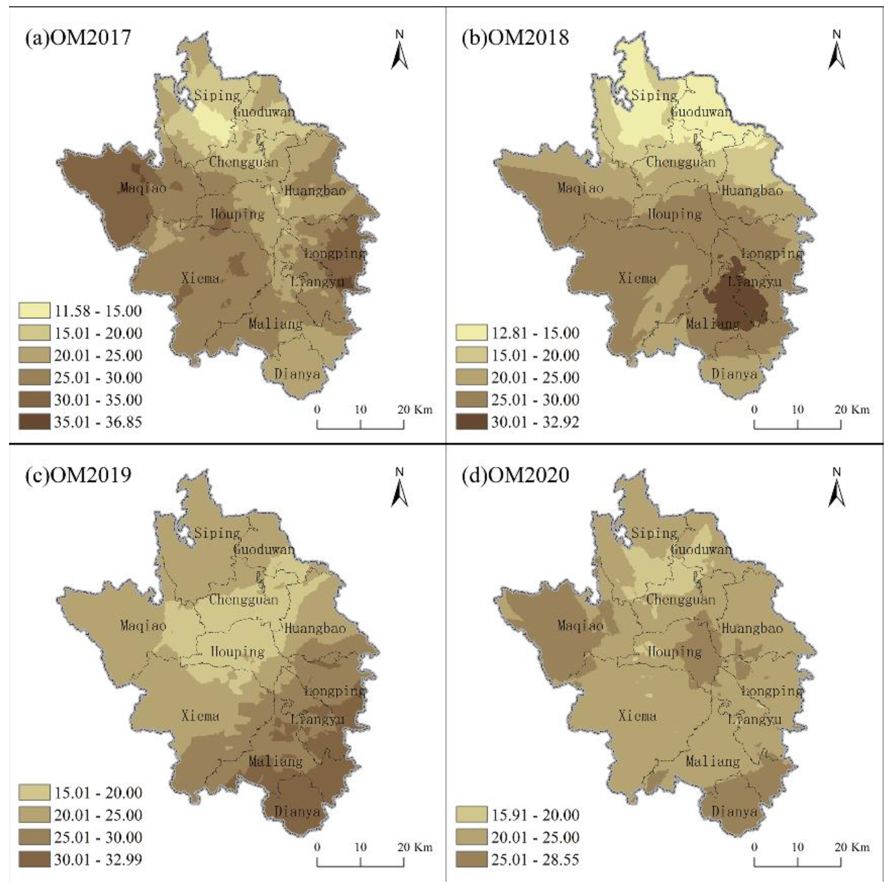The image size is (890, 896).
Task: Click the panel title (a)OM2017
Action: pos(78,38)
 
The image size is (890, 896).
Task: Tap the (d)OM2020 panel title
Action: pos(515,475)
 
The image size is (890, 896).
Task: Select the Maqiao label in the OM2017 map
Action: pos(143,188)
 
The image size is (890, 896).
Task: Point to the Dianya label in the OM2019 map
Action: pos(297,811)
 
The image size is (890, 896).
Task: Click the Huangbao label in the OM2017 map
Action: pos(315,191)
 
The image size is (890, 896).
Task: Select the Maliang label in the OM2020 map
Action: pos(713,761)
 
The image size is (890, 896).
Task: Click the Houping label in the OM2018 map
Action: pos(674,214)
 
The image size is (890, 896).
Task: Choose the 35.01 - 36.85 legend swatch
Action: pos(34,422)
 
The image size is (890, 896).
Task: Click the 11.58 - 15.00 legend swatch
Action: pos(34,311)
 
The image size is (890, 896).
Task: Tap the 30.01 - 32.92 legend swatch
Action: pos(471,422)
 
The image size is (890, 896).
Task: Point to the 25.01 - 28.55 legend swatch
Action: pos(471,860)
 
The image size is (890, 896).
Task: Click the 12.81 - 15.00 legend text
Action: pos(535,333)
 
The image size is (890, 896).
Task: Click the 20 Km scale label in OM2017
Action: pos(415,410)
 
